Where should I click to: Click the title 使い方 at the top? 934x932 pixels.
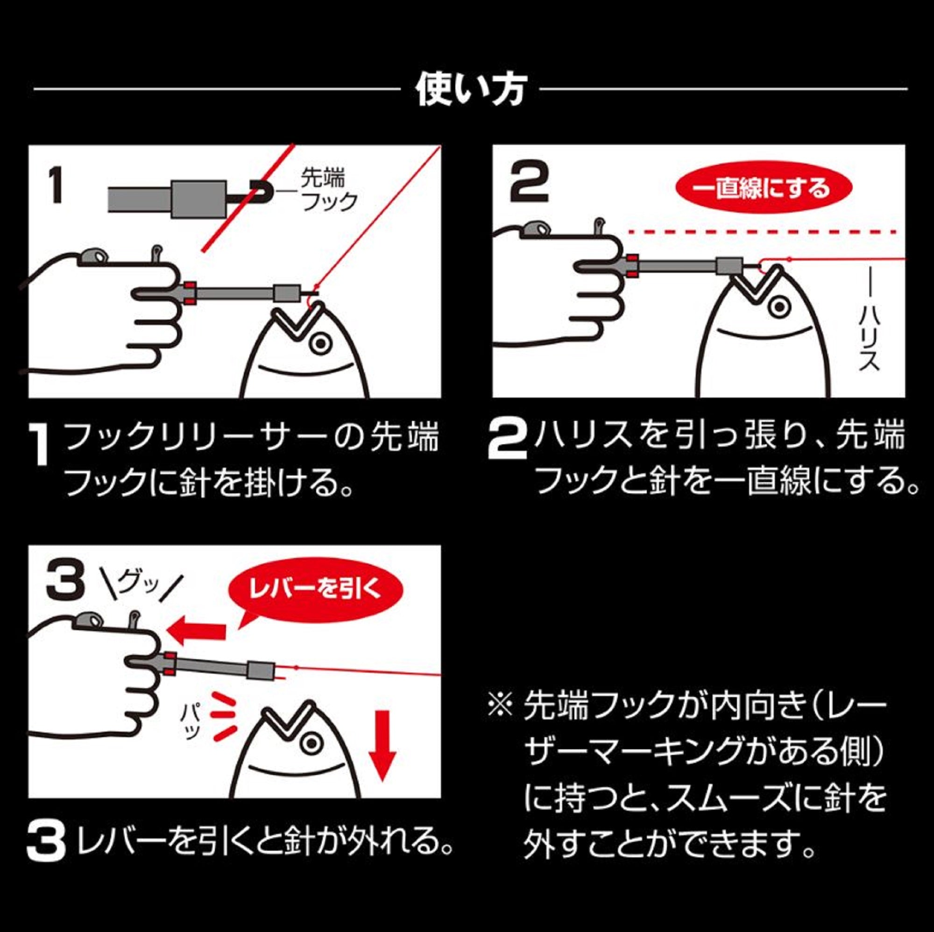coord(470,91)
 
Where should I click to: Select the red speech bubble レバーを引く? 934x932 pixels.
coord(316,590)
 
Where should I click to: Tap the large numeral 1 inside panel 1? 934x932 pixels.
coord(57,185)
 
